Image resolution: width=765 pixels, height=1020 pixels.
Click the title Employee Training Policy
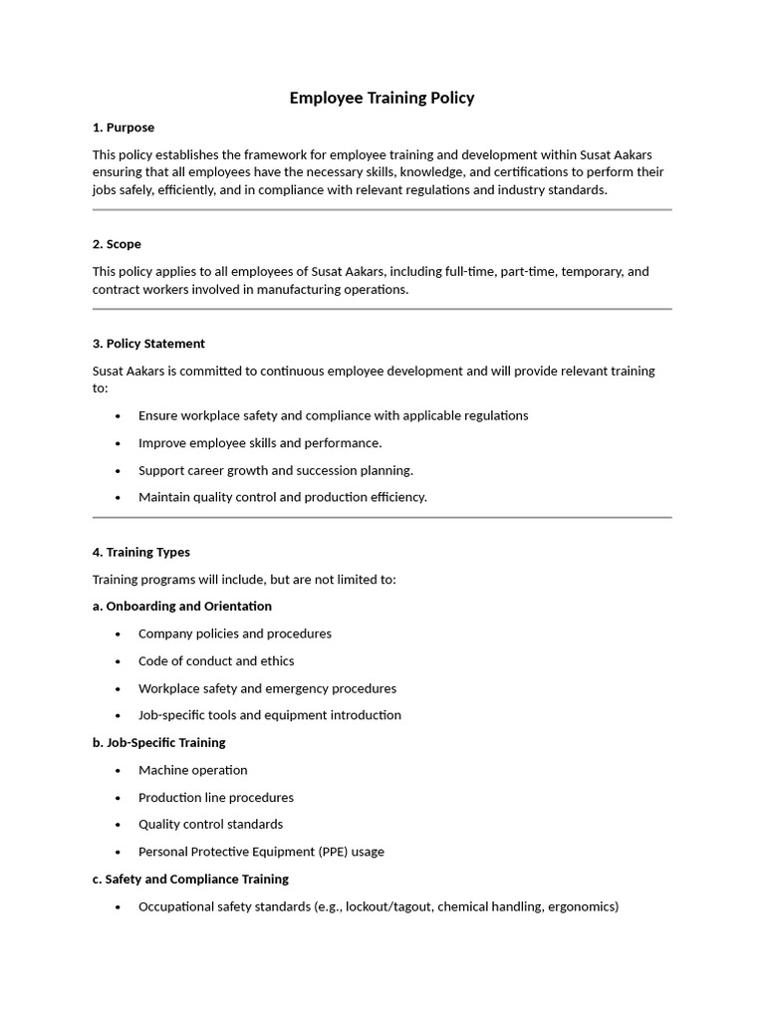click(x=382, y=98)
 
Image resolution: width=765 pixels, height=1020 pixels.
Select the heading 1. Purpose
click(x=124, y=127)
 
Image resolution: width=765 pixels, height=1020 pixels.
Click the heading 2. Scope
click(x=117, y=244)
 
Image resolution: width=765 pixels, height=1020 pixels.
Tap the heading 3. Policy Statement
click(x=148, y=344)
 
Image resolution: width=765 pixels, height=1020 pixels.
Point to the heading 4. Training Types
click(x=140, y=552)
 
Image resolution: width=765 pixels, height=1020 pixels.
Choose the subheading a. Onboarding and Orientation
click(x=181, y=606)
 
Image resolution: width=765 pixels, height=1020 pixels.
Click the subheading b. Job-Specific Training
click(x=158, y=742)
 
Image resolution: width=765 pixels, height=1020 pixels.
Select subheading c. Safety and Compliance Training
click(x=190, y=879)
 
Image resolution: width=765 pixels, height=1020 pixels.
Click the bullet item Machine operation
click(x=192, y=770)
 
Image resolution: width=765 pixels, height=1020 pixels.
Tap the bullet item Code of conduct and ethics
click(x=216, y=660)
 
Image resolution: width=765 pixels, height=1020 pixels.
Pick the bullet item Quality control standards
click(x=210, y=824)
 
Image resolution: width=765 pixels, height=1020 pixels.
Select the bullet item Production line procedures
click(x=216, y=797)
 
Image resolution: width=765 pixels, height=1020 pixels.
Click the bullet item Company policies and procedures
click(x=235, y=634)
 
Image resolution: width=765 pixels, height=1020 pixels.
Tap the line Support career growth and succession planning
click(x=276, y=470)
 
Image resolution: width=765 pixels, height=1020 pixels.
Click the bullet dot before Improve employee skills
click(x=119, y=443)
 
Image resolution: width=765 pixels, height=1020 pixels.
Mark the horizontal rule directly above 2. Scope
click(x=382, y=210)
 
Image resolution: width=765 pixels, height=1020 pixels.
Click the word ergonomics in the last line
click(x=581, y=906)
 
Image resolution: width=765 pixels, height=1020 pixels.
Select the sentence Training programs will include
click(x=244, y=579)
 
